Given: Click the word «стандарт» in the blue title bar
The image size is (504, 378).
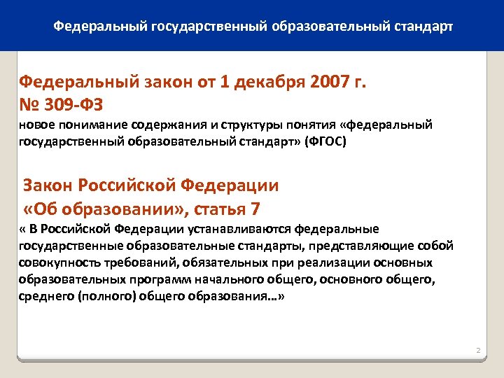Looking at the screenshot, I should coord(423,27).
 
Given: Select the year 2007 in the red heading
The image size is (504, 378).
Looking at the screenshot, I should coord(324,82).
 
